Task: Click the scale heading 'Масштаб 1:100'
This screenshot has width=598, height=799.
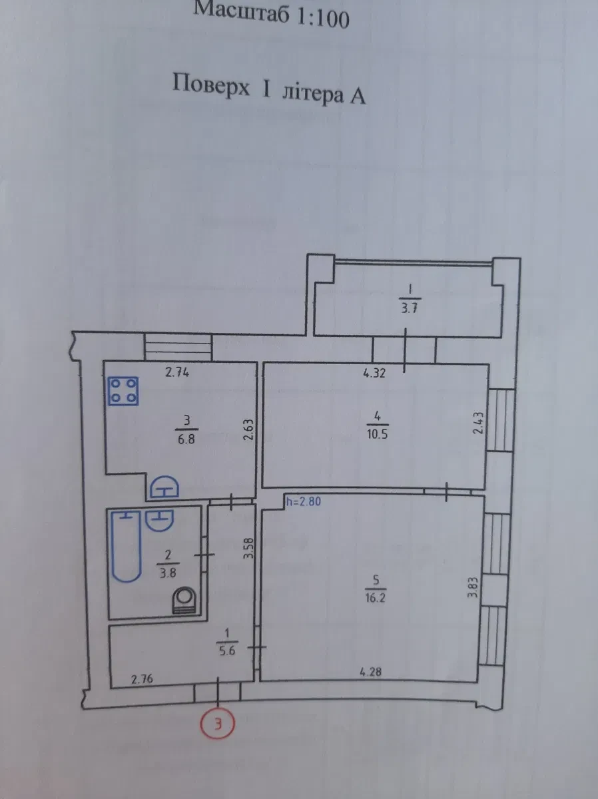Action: tap(271, 15)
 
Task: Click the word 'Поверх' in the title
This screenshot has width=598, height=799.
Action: tap(211, 86)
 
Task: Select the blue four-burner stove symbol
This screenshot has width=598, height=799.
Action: tap(123, 392)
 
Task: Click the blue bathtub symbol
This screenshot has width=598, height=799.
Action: tap(126, 547)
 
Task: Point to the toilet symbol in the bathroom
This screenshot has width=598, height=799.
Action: tap(184, 601)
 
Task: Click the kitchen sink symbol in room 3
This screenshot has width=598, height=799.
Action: tap(164, 487)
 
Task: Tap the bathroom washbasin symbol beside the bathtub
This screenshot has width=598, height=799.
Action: tap(160, 520)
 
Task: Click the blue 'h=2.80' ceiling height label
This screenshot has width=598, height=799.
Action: tap(304, 502)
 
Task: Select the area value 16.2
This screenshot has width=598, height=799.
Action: tap(375, 599)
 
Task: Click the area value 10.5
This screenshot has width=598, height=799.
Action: tap(377, 435)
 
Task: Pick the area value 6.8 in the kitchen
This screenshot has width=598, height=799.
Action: tap(186, 439)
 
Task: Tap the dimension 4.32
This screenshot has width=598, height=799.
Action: tap(374, 373)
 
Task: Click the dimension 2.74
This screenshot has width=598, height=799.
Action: tap(177, 372)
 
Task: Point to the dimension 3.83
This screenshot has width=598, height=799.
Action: tap(473, 588)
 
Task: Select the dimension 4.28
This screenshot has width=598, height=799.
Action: tap(370, 672)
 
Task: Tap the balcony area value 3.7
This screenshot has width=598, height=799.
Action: tap(409, 309)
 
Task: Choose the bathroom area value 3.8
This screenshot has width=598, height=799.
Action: tap(167, 573)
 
